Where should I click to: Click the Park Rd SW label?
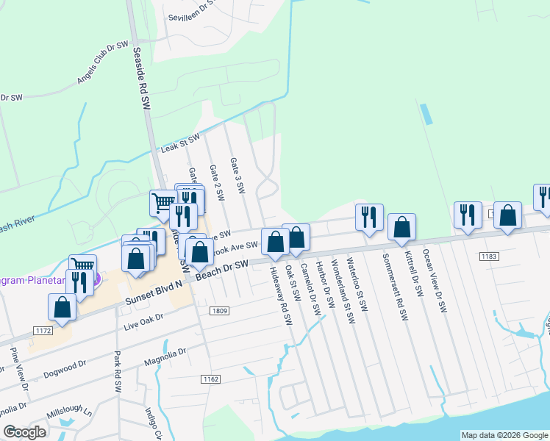(x=118, y=373)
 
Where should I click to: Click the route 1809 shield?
(x=218, y=311)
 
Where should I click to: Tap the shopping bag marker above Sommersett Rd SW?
(x=402, y=228)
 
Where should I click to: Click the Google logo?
(x=25, y=432)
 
